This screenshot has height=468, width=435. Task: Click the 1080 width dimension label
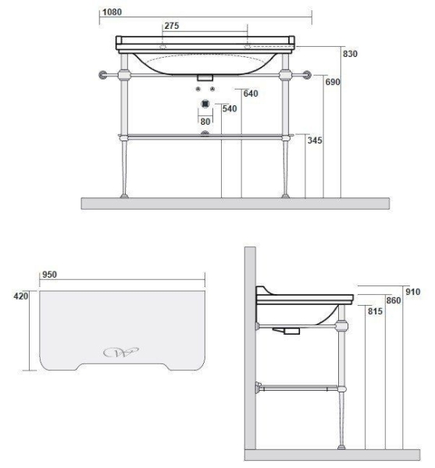point(112,12)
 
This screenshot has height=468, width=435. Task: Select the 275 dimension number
point(172,26)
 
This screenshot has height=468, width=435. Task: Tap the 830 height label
point(350,54)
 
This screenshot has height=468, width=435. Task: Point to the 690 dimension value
point(333,82)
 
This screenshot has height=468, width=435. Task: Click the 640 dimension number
point(251,94)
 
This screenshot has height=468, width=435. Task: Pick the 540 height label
point(230,108)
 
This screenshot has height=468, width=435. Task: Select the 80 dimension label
point(205,122)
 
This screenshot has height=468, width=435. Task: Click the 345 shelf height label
point(315,140)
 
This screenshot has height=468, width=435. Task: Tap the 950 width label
point(49,275)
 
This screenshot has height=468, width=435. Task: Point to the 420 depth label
point(20,296)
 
